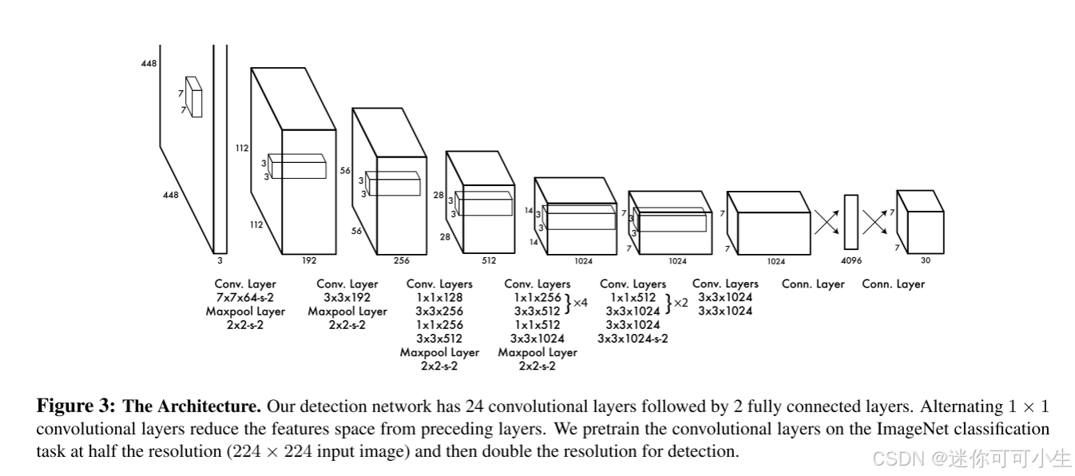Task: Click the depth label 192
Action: click(309, 260)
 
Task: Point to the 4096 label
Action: click(851, 260)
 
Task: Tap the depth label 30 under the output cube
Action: click(925, 260)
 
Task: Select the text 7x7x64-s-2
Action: click(245, 298)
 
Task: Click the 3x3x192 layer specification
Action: click(347, 298)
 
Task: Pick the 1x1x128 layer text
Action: click(439, 298)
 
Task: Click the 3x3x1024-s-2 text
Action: click(633, 339)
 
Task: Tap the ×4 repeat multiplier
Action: click(581, 303)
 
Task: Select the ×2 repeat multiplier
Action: click(680, 303)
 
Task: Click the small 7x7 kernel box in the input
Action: click(194, 97)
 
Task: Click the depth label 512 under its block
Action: click(489, 260)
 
